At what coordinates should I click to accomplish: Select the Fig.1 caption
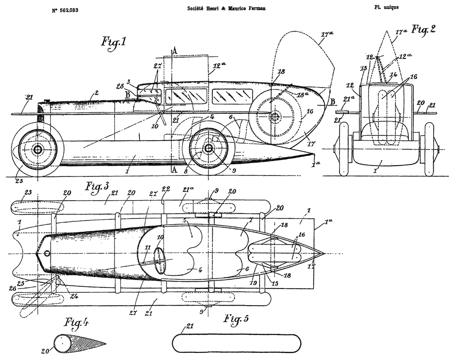113,43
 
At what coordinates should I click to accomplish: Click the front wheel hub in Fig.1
38,149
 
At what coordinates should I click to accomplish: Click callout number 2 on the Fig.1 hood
96,93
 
